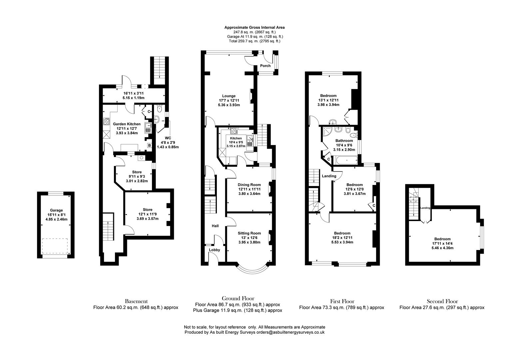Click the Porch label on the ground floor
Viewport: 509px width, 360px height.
pyautogui.click(x=265, y=66)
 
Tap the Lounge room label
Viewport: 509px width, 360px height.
pyautogui.click(x=229, y=96)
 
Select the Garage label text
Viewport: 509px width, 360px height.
pyautogui.click(x=56, y=210)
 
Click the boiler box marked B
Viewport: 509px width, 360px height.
pyautogui.click(x=150, y=145)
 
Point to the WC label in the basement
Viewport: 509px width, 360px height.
pyautogui.click(x=168, y=138)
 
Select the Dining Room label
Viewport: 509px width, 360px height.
pyautogui.click(x=249, y=185)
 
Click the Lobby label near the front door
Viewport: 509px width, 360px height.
pyautogui.click(x=214, y=250)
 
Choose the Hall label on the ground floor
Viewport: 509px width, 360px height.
pyautogui.click(x=215, y=226)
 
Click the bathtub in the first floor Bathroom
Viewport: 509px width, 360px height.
pyautogui.click(x=347, y=161)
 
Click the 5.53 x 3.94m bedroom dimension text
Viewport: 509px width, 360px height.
pyautogui.click(x=342, y=242)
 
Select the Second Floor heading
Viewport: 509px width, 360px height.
pyautogui.click(x=442, y=301)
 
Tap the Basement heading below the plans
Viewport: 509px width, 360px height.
pyautogui.click(x=136, y=301)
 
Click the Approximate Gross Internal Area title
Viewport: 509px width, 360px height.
pyautogui.click(x=254, y=27)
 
